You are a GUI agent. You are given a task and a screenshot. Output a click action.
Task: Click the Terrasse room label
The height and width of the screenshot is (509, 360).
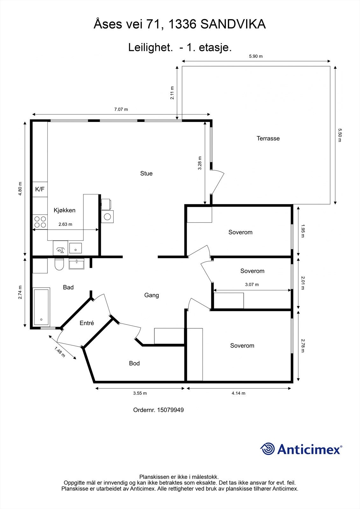(x=268, y=138)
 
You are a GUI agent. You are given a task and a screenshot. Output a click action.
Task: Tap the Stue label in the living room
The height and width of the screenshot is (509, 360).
(x=146, y=173)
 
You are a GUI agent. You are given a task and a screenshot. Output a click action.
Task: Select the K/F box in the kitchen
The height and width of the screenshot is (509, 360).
(x=40, y=189)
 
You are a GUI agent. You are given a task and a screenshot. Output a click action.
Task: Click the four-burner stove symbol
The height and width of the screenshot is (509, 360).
(x=40, y=222)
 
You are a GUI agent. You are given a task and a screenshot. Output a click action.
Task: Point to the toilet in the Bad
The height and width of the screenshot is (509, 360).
(x=59, y=264)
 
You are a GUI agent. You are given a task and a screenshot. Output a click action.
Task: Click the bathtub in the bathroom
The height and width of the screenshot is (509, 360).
(x=41, y=307)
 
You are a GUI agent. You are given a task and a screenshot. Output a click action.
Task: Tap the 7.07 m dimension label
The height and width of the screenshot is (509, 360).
(x=121, y=109)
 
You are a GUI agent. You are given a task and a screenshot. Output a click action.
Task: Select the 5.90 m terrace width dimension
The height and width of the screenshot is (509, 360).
(x=256, y=56)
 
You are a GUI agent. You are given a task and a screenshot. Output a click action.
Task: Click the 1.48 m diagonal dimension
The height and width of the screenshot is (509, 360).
(x=60, y=352)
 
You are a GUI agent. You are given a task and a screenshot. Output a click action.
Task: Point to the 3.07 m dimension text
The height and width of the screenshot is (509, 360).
(x=252, y=284)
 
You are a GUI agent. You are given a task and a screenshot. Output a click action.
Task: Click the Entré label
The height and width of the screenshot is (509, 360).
(x=87, y=323)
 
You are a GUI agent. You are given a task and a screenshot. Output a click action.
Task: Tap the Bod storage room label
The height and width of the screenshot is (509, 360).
(x=134, y=363)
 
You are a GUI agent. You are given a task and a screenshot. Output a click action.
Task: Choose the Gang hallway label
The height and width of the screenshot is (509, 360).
(x=152, y=295)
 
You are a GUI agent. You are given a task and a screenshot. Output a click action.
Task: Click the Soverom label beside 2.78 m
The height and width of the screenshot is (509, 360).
(x=242, y=345)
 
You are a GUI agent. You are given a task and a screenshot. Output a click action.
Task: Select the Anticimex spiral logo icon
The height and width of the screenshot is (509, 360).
(x=268, y=449)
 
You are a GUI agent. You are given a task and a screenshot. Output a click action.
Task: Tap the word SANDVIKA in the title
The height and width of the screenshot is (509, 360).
(x=233, y=24)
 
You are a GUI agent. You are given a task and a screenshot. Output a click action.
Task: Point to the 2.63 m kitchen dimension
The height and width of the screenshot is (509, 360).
(x=65, y=224)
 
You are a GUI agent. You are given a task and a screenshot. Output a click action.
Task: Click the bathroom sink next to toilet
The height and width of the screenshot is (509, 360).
(x=76, y=264)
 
